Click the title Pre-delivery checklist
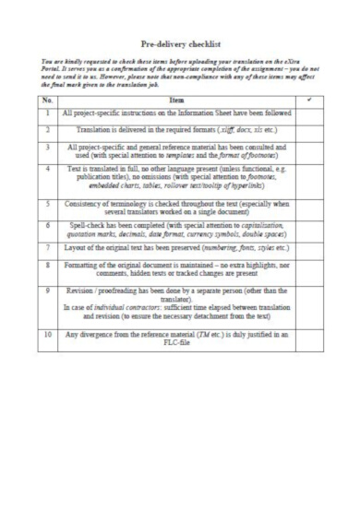click(180, 42)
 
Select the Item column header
click(177, 99)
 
